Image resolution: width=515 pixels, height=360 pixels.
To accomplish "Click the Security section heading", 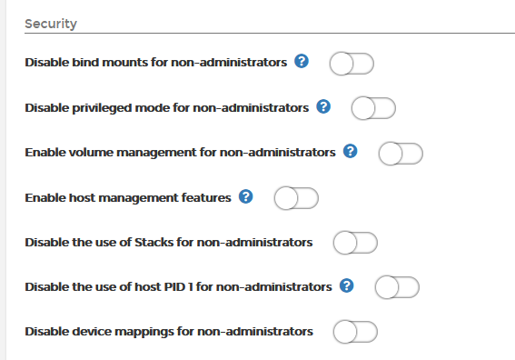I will [50, 23].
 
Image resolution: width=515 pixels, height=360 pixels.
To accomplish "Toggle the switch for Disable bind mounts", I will [352, 64].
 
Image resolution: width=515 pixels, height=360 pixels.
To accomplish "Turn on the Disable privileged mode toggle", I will [373, 108].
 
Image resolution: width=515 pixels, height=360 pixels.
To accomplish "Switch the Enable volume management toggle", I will [401, 153].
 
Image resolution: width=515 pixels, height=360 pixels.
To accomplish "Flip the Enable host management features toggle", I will [296, 197].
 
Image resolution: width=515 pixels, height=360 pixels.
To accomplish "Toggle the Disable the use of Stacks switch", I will [355, 243].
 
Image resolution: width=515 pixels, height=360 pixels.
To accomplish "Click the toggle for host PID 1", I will [397, 287].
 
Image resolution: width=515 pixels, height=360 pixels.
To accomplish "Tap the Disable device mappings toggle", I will [355, 332].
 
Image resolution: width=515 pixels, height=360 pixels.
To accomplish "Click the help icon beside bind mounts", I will [302, 62].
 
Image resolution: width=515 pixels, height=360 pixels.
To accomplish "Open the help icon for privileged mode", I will [323, 106].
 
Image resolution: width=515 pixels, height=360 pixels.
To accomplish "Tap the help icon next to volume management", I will [351, 151].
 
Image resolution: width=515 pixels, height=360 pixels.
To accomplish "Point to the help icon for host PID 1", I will [346, 286].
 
